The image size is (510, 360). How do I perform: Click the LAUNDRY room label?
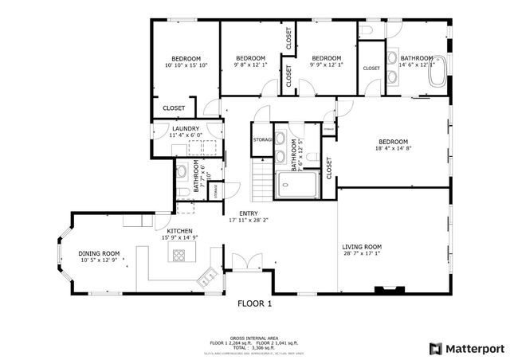click(186, 129)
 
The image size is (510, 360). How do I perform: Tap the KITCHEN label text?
click(179, 230)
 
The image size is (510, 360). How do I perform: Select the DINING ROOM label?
click(99, 253)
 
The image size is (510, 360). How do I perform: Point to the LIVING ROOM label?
click(362, 247)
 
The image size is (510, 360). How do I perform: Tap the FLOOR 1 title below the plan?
click(255, 303)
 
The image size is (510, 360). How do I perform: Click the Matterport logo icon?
click(434, 348)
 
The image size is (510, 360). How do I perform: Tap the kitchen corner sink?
click(207, 277)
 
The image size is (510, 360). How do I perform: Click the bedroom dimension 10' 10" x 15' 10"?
click(185, 65)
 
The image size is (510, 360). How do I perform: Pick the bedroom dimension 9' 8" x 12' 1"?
click(249, 65)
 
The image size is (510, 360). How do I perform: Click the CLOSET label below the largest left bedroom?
click(174, 108)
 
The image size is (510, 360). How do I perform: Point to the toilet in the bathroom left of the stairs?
click(182, 170)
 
